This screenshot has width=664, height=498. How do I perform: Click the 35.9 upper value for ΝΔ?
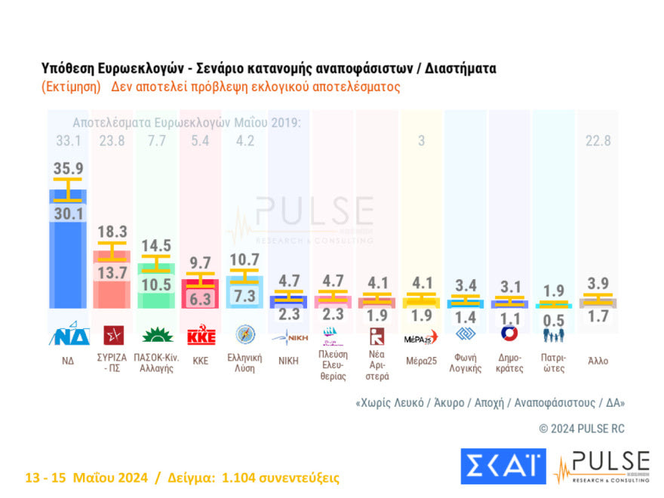pyautogui.click(x=67, y=169)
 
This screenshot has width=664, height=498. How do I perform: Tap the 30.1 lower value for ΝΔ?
pyautogui.click(x=67, y=215)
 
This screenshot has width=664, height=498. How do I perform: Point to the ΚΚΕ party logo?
pyautogui.click(x=201, y=335)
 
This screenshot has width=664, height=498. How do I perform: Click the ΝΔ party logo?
pyautogui.click(x=68, y=335)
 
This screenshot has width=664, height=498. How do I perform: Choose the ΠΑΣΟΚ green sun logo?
pyautogui.click(x=156, y=335)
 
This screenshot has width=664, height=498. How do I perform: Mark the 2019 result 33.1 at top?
pyautogui.click(x=68, y=141)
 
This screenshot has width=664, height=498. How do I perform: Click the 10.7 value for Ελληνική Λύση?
pyautogui.click(x=245, y=260)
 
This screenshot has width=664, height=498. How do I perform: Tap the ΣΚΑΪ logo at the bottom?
pyautogui.click(x=503, y=466)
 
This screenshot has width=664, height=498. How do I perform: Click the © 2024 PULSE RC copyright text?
pyautogui.click(x=582, y=429)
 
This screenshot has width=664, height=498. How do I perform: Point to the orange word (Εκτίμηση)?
pyautogui.click(x=71, y=87)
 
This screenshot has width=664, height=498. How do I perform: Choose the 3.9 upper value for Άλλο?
pyautogui.click(x=598, y=281)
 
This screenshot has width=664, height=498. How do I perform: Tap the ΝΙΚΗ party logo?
pyautogui.click(x=290, y=335)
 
